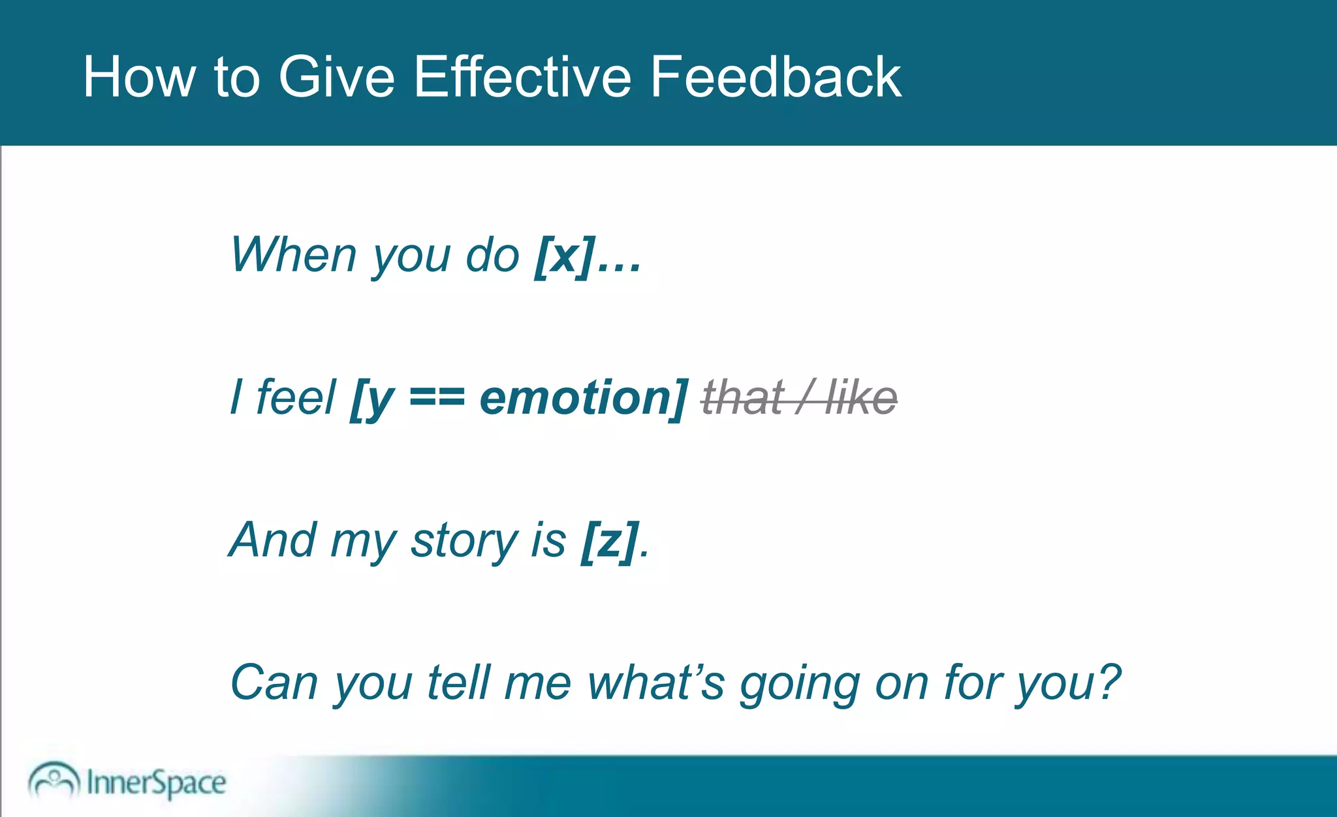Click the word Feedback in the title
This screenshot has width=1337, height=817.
click(x=775, y=77)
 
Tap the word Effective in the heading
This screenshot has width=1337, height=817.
click(x=522, y=77)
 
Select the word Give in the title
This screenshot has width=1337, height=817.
click(x=336, y=77)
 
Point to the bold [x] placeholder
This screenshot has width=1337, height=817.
click(x=565, y=256)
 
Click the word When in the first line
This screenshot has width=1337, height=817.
click(x=293, y=254)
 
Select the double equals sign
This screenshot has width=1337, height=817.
click(x=437, y=398)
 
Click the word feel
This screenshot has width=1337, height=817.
click(x=296, y=397)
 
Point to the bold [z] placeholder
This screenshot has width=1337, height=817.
click(x=609, y=541)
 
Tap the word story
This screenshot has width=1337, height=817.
click(x=464, y=541)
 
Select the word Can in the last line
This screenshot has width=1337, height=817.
click(x=274, y=683)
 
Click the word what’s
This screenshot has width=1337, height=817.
click(x=655, y=683)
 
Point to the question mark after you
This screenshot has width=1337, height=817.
click(x=1108, y=683)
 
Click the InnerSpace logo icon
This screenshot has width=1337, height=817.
click(x=54, y=780)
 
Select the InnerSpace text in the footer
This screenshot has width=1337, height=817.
click(x=156, y=782)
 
